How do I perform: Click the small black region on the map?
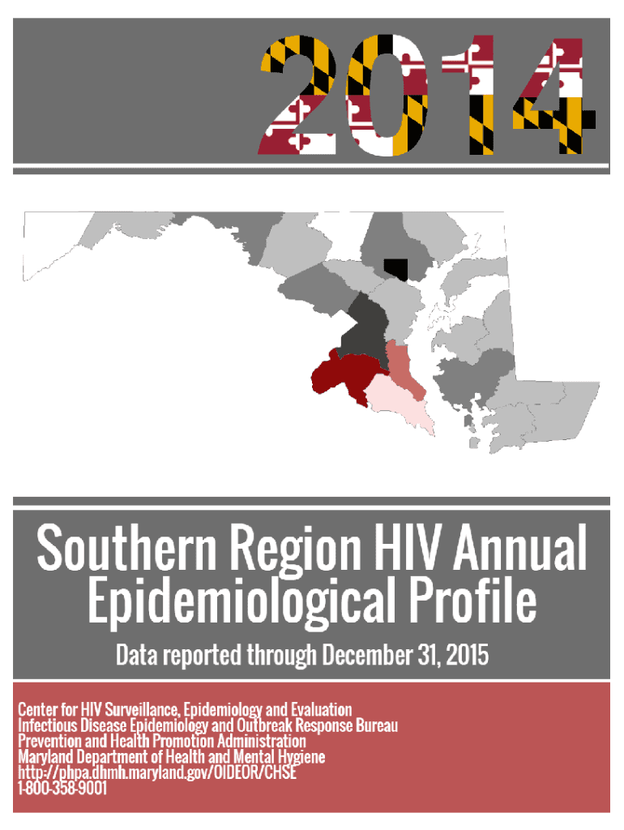point(396,268)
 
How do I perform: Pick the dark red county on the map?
point(344,374)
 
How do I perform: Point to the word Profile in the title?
point(473,600)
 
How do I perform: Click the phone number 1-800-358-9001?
point(62,787)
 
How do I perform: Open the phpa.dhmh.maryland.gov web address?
point(157,772)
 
